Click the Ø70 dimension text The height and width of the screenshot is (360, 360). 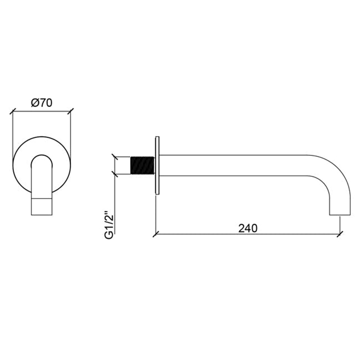tap(42, 103)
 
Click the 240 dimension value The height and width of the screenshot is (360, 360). tap(248, 228)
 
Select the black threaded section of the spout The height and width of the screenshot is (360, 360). tap(142, 166)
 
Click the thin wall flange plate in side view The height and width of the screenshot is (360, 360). tap(157, 166)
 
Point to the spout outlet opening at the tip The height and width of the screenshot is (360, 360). tap(340, 215)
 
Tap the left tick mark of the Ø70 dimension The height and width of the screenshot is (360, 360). tap(12, 112)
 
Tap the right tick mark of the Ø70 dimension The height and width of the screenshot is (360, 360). tap(70, 112)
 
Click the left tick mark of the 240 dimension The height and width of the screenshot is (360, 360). tap(156, 234)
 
